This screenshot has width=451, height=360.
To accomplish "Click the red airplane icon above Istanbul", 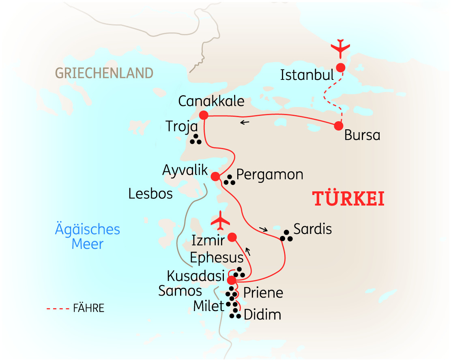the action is (340, 48).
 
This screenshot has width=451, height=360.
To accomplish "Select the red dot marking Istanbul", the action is (340, 67).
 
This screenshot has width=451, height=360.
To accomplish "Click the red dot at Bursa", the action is (339, 126).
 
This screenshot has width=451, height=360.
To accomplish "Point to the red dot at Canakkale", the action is (204, 115).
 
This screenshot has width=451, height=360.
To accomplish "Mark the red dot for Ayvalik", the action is (215, 176).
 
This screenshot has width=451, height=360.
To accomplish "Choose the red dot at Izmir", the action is (232, 237).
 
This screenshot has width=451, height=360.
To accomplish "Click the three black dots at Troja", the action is (196, 139).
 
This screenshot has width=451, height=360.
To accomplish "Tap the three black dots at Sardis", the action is (287, 236).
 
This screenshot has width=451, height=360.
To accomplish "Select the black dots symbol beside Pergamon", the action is (230, 180).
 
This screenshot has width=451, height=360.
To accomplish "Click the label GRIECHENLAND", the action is (104, 73).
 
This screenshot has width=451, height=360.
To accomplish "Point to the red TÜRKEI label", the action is (348, 199).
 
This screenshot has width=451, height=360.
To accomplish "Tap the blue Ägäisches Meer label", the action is (88, 237).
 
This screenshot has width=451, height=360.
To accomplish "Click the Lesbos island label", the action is (150, 194).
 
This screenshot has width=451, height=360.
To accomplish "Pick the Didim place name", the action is (262, 315).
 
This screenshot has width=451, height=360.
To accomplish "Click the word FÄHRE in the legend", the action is (89, 308).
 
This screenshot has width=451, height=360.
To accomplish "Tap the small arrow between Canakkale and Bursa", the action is (244, 122).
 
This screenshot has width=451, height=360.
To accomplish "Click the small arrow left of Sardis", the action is (263, 230).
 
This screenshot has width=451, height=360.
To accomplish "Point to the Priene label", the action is (263, 292).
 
